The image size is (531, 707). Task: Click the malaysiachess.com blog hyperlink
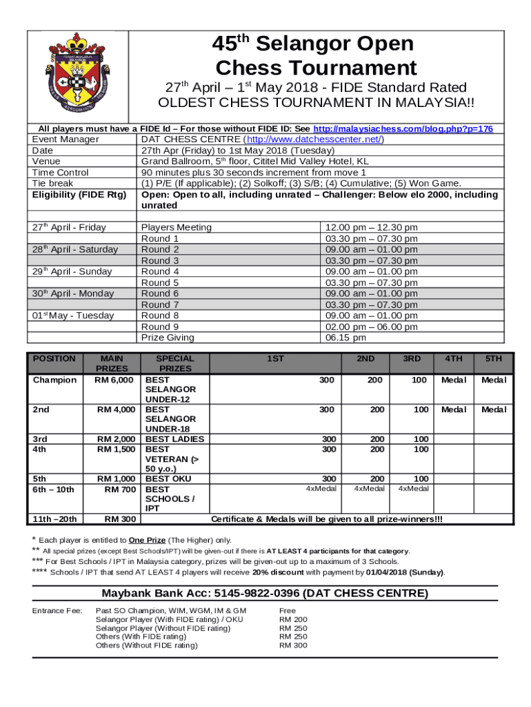pos(403,129)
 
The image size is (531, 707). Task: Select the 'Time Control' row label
pos(61,173)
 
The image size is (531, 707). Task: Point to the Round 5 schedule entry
pos(160,282)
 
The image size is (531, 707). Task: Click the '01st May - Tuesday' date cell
pos(73,316)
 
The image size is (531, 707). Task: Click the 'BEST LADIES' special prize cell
pos(174,438)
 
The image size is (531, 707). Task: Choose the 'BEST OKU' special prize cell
pos(168,478)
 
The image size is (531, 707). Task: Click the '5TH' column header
pos(493,359)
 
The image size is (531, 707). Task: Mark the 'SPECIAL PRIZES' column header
pos(175,364)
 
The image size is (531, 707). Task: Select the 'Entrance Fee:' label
pos(57,611)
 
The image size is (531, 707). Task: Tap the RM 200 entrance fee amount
pos(292,620)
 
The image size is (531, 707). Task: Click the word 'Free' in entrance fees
pos(288,611)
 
